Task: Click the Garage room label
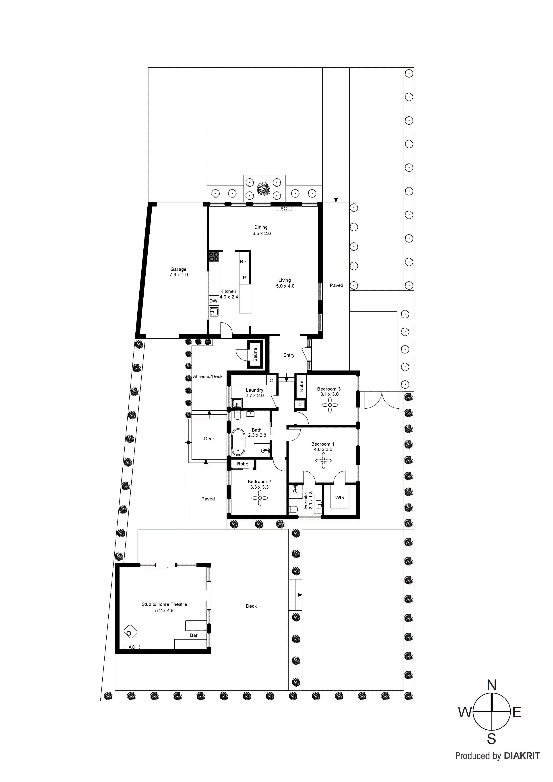179,269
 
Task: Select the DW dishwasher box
213,301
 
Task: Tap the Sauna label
255,354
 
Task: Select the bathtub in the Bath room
238,442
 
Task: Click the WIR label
340,498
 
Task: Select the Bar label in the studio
194,635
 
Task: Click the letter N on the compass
491,685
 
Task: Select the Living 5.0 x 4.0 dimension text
285,286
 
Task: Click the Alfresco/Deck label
208,376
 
